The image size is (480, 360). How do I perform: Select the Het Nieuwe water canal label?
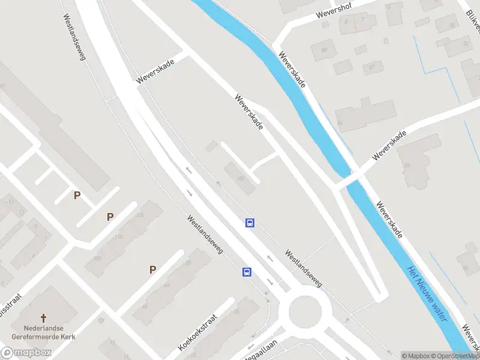pos(427,292)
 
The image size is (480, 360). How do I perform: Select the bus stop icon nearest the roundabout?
pos(247,272)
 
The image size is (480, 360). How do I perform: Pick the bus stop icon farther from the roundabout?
pos(250,223)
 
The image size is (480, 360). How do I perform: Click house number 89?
pos(326,50)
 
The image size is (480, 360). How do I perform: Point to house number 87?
pos(372,66)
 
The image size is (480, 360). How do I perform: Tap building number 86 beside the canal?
pos(340,123)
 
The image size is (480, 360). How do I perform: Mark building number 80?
pos(188,263)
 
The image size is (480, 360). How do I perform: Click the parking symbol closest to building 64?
pos(153,269)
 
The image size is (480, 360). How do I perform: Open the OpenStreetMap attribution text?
pos(456,356)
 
